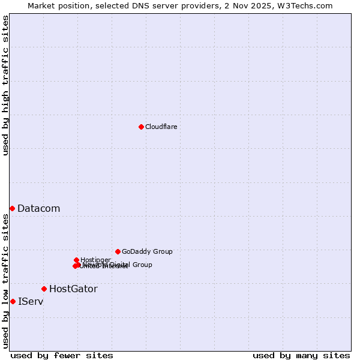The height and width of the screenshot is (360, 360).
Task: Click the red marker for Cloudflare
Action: pyautogui.click(x=141, y=127)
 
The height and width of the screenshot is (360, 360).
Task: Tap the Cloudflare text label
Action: pyautogui.click(x=161, y=127)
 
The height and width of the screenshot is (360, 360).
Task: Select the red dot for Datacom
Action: pyautogui.click(x=12, y=208)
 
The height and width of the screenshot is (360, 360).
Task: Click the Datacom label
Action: pyautogui.click(x=38, y=209)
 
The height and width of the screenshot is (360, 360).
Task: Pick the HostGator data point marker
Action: pyautogui.click(x=44, y=289)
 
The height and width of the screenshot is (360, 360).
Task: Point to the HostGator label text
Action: pyautogui.click(x=73, y=289)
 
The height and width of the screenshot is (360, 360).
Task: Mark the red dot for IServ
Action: pyautogui.click(x=13, y=301)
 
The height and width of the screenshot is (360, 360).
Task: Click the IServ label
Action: pyautogui.click(x=31, y=302)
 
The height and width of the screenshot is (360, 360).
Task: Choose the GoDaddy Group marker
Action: pyautogui.click(x=118, y=251)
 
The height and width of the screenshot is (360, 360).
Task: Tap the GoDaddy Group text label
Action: pyautogui.click(x=147, y=252)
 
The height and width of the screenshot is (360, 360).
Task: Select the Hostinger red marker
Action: pyautogui.click(x=76, y=260)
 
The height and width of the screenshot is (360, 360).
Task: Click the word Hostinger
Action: pyautogui.click(x=96, y=260)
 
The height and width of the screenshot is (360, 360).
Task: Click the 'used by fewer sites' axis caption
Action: pyautogui.click(x=62, y=356)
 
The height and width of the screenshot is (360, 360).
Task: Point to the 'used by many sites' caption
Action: pyautogui.click(x=301, y=356)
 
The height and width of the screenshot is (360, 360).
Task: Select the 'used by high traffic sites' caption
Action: pyautogui.click(x=5, y=85)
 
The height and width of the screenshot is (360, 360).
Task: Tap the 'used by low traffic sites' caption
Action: pyautogui.click(x=5, y=281)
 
